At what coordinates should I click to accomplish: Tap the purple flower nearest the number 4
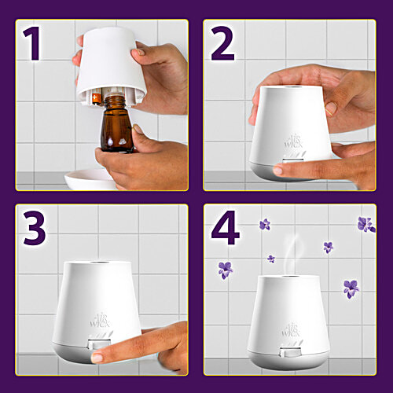(x=265, y=224)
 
